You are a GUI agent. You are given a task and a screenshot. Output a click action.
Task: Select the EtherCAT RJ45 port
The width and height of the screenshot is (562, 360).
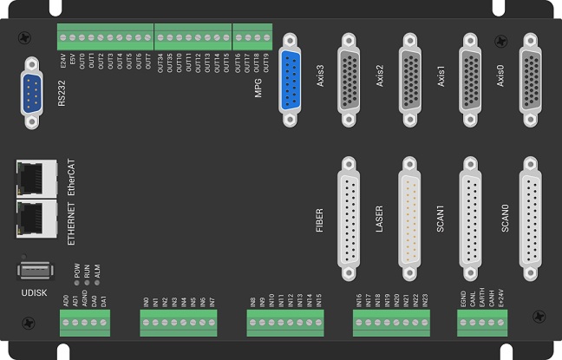(x=36, y=177)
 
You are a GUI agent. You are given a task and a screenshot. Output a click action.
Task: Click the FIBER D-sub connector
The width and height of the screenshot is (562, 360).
(x=350, y=213)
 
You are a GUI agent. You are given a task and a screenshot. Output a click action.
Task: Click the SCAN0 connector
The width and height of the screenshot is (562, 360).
(x=531, y=213)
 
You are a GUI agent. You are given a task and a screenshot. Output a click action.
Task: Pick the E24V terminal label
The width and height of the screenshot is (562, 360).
(x=63, y=62)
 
